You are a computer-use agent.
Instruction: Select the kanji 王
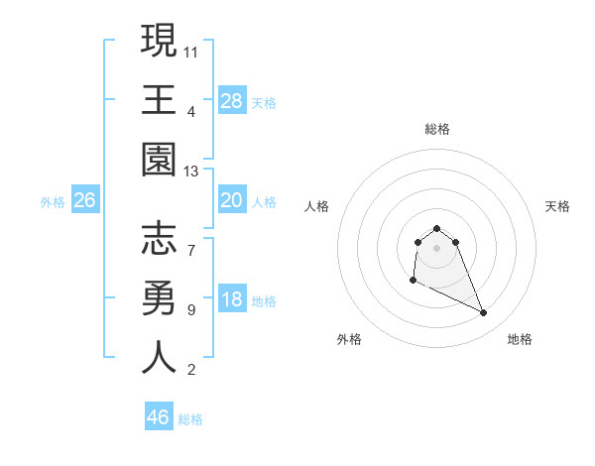pyautogui.click(x=159, y=100)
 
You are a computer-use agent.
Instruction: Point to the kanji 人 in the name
pyautogui.click(x=159, y=358)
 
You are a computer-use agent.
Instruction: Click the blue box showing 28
pyautogui.click(x=232, y=100)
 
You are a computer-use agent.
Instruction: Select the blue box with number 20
pyautogui.click(x=232, y=200)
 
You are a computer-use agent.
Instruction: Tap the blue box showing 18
pyautogui.click(x=232, y=300)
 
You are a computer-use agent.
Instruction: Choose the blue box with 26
pyautogui.click(x=85, y=200)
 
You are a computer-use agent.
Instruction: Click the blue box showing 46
pyautogui.click(x=159, y=417)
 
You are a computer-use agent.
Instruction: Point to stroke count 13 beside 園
pyautogui.click(x=192, y=172)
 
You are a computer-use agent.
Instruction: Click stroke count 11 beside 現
pyautogui.click(x=192, y=51)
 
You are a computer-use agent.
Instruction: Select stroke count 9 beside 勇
pyautogui.click(x=191, y=309)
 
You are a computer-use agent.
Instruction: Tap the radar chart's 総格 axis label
pyautogui.click(x=437, y=129)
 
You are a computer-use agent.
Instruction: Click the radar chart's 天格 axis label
pyautogui.click(x=558, y=206)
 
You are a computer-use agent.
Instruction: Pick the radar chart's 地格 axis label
pyautogui.click(x=520, y=339)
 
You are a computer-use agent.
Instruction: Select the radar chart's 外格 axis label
pyautogui.click(x=349, y=339)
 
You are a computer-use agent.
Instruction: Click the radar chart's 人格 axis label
pyautogui.click(x=317, y=206)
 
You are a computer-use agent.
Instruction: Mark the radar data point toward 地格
pyautogui.click(x=484, y=313)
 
